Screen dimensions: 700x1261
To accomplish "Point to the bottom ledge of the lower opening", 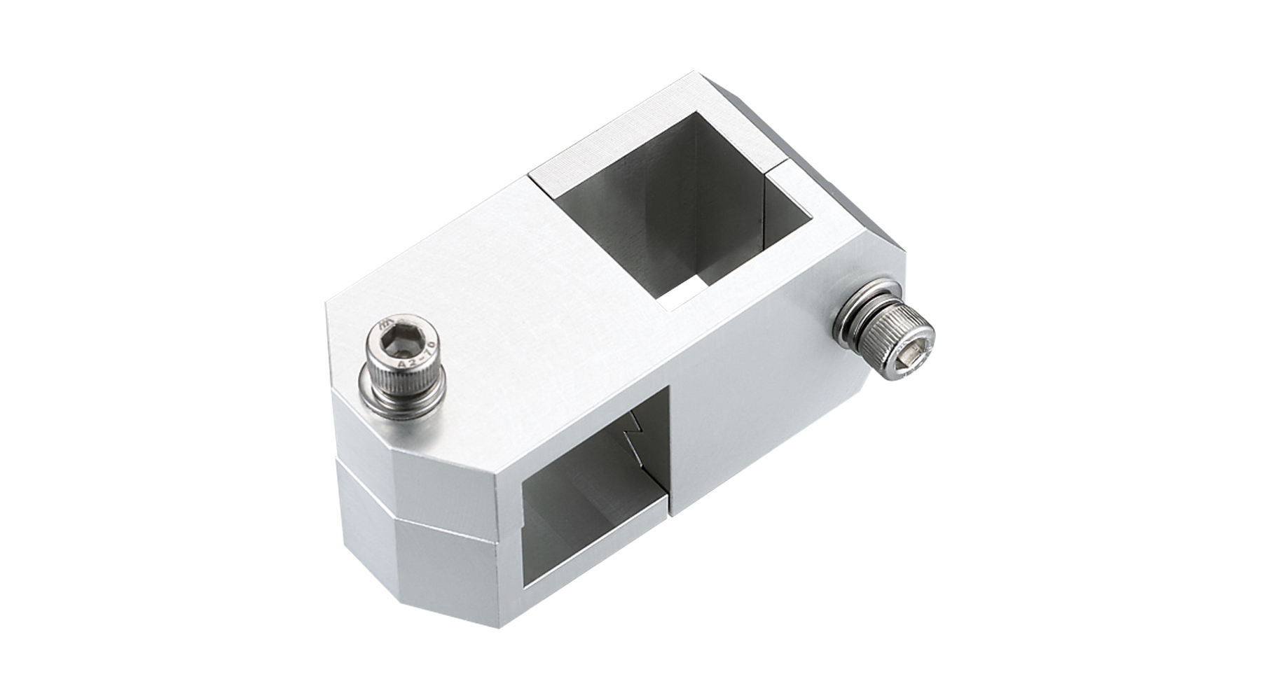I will (595, 553).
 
